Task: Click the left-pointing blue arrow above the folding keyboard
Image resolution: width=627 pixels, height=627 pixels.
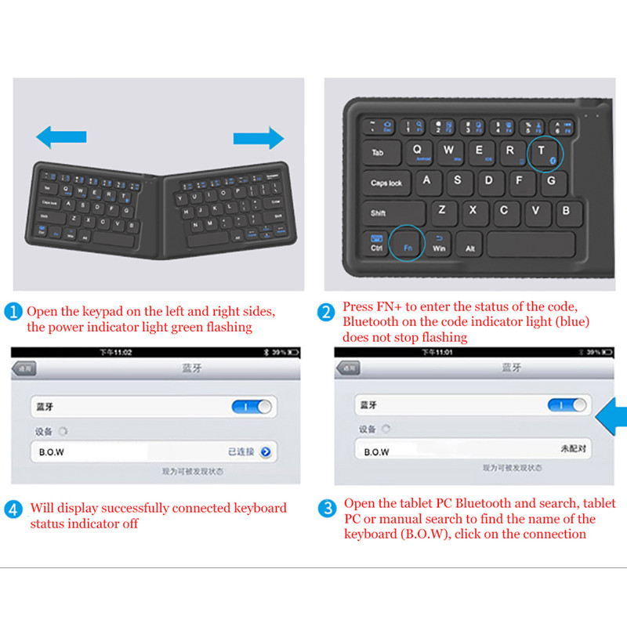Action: click(61, 138)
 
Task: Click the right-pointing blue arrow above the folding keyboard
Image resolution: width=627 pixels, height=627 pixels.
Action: click(259, 139)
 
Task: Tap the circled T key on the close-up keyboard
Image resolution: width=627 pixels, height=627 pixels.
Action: click(542, 152)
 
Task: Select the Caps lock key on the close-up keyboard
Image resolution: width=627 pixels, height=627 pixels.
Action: click(386, 183)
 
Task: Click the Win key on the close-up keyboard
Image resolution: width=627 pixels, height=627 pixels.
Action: click(438, 245)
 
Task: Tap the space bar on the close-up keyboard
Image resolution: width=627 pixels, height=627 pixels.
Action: click(530, 245)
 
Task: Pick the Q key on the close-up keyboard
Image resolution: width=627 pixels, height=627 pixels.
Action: click(417, 150)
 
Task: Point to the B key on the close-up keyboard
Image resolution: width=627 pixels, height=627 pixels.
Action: click(565, 210)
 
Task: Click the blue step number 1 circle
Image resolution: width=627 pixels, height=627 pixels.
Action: click(14, 312)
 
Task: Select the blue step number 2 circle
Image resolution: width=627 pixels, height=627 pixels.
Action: click(326, 312)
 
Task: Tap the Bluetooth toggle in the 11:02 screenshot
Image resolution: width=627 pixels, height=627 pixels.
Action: click(252, 407)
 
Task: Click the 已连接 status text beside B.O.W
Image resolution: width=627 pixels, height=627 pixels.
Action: click(241, 452)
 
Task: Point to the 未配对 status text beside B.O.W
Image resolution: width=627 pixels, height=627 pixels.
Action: click(574, 450)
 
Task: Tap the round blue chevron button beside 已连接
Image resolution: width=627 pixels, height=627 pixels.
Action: click(266, 452)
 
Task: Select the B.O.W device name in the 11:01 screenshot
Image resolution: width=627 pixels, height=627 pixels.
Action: click(376, 452)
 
